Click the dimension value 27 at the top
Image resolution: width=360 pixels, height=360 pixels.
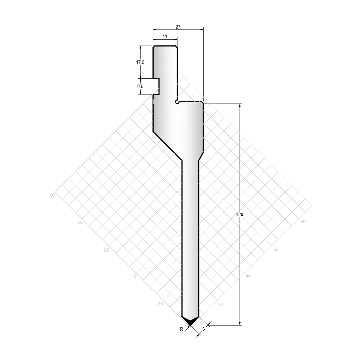(x=178, y=27)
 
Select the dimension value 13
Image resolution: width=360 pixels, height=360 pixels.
(x=165, y=37)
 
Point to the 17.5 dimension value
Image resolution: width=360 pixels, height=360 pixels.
(x=140, y=62)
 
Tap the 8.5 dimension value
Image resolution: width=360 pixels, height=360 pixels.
(x=140, y=86)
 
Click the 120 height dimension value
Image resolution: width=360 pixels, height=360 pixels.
(x=240, y=215)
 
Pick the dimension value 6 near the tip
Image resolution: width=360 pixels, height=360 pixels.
(x=204, y=329)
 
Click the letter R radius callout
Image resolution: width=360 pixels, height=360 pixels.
(x=182, y=329)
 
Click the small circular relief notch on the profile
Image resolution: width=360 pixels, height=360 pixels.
(x=177, y=102)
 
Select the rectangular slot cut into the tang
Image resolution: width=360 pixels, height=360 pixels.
(x=156, y=86)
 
